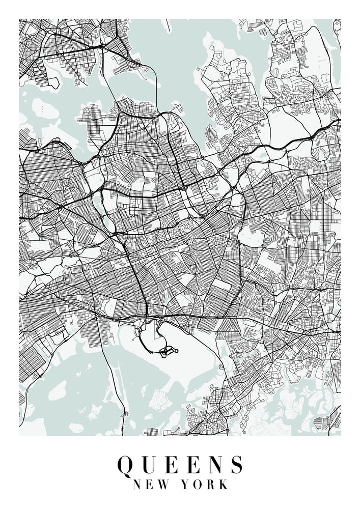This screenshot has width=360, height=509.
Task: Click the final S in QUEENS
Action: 235,464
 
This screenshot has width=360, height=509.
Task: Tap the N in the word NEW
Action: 137,485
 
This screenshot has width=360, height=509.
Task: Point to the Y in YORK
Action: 186,485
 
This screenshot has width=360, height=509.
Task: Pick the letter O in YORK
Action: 198,485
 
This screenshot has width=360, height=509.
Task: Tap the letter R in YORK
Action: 211,485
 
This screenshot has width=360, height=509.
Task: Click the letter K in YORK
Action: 223,485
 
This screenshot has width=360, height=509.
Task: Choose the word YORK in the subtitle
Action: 205,485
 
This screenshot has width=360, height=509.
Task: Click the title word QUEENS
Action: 180,464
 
